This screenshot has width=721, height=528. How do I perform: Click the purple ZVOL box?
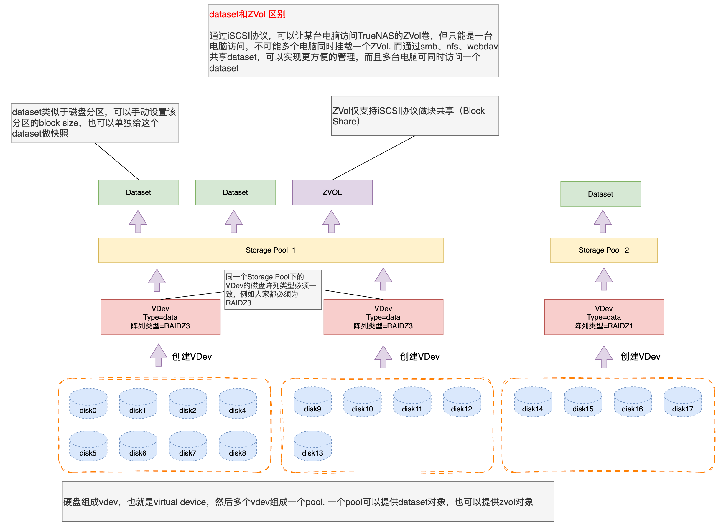pyautogui.click(x=332, y=192)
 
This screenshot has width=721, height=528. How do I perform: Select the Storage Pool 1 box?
pyautogui.click(x=271, y=250)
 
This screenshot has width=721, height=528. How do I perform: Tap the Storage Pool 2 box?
pyautogui.click(x=604, y=250)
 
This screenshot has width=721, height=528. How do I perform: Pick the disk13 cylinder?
pyautogui.click(x=312, y=446)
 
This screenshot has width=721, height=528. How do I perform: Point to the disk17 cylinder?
pyautogui.click(x=682, y=402)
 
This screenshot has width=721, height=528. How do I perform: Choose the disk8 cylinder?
pyautogui.click(x=238, y=446)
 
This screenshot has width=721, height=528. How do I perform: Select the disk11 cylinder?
pyautogui.click(x=412, y=402)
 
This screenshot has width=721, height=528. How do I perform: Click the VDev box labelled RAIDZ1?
pyautogui.click(x=604, y=317)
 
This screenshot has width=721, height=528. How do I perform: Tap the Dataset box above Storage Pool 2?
pyautogui.click(x=600, y=194)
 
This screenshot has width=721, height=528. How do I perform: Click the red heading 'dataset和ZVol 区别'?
pyautogui.click(x=247, y=14)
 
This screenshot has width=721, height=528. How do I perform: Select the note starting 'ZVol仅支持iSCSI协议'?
pyautogui.click(x=415, y=116)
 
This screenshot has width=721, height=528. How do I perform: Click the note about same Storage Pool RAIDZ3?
pyautogui.click(x=273, y=290)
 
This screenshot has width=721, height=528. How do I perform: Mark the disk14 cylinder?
pyautogui.click(x=533, y=402)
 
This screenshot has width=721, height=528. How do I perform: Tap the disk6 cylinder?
pyautogui.click(x=138, y=446)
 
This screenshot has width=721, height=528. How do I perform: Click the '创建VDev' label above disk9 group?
pyautogui.click(x=419, y=356)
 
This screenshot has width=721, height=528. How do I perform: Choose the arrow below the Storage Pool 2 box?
pyautogui.click(x=604, y=279)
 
